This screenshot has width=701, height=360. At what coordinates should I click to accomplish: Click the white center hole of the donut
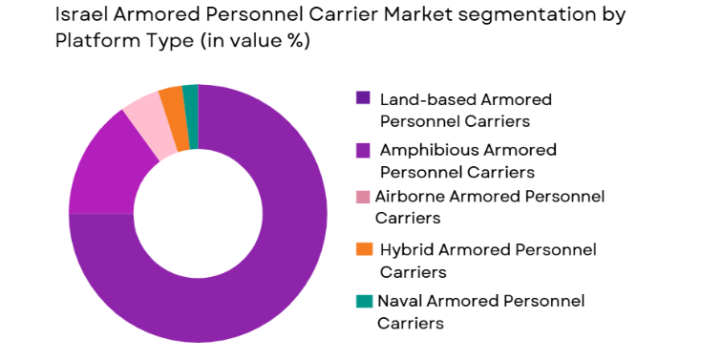pos(198,213)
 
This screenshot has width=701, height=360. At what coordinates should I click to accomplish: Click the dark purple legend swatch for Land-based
pos(363,97)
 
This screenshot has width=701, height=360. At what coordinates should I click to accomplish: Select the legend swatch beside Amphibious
pos(363,149)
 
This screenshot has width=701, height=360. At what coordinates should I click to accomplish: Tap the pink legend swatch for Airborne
pos(362,197)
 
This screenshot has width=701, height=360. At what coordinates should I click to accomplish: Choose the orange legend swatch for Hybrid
pos(363,249)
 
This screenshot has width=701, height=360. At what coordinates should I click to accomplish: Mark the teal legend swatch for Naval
pos(363,301)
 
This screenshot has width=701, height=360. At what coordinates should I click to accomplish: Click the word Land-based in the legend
pos(423,98)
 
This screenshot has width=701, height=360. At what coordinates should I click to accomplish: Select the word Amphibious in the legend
pos(425,150)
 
